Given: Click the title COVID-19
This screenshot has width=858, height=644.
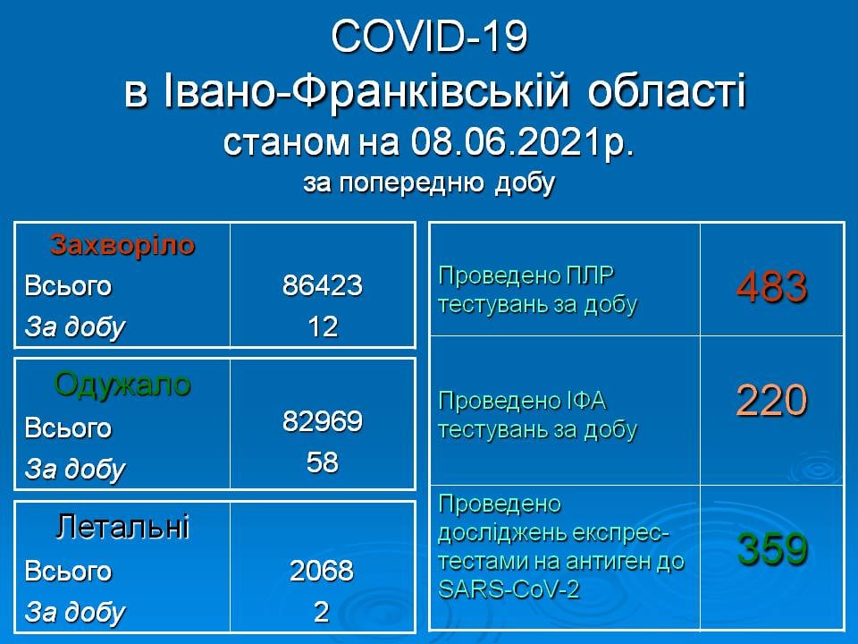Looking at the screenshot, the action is (429, 37).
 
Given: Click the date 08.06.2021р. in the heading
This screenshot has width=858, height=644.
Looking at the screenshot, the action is (522, 142).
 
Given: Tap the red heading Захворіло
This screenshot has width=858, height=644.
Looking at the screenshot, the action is (122, 245).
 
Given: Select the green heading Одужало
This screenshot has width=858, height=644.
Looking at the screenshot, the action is (122, 385).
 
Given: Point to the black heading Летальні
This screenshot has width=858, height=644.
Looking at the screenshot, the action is (122, 527).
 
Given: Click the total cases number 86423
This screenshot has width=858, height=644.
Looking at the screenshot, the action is (323, 285).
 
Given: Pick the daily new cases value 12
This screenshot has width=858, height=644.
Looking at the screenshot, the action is (323, 327).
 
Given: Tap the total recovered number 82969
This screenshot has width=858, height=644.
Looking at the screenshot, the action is (323, 421).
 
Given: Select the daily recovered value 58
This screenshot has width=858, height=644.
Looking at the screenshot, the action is (323, 462).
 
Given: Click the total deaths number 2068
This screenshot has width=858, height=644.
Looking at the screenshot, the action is (322, 571).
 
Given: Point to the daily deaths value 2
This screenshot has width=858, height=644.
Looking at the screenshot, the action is (322, 612).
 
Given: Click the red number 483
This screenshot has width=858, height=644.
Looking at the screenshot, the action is (771, 286).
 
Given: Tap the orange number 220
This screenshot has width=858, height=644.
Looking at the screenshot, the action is (771, 401).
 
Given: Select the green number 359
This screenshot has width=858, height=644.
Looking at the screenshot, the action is (772, 548).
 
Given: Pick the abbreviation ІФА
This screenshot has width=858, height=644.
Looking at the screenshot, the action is (585, 402).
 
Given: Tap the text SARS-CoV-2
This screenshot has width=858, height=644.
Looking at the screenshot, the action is (509, 589).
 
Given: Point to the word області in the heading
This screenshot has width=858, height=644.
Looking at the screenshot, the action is (667, 91).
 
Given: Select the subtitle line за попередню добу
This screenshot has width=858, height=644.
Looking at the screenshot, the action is (429, 183).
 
